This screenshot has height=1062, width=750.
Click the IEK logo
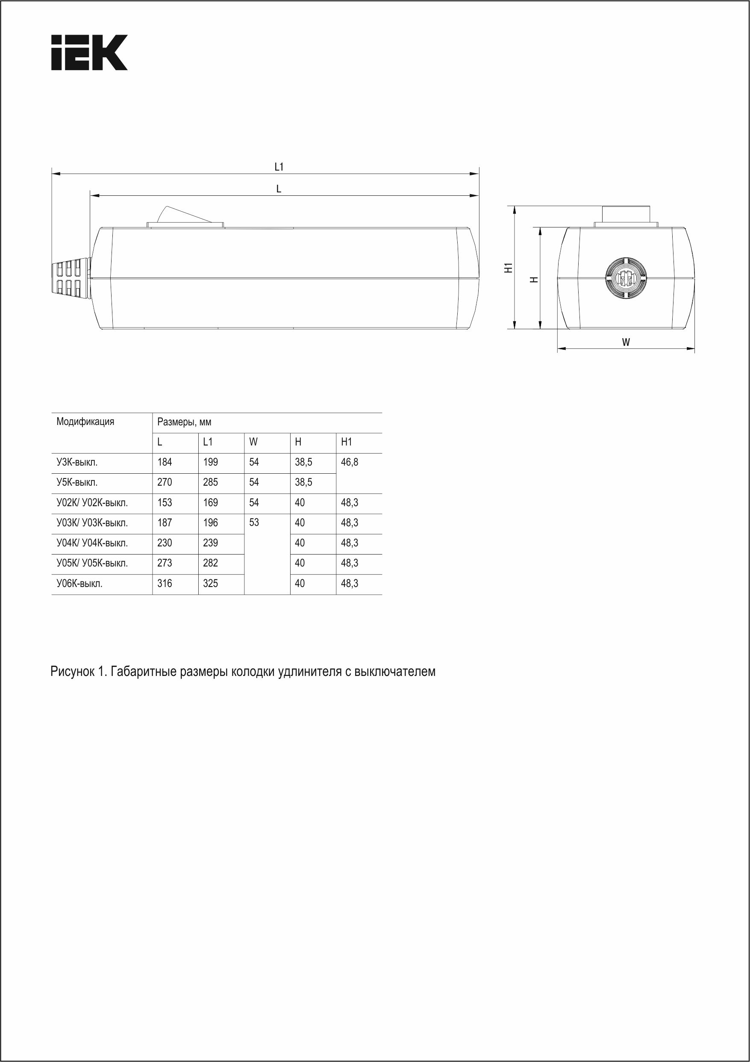[89, 52]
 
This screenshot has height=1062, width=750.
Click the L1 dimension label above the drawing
[279, 167]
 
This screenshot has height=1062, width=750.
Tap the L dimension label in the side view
[279, 189]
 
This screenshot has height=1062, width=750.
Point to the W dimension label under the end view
[626, 342]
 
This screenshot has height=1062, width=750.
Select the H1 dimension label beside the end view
[509, 267]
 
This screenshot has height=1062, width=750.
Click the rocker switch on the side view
[185, 218]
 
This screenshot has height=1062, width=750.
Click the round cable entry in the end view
[627, 278]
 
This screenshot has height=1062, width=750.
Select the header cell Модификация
[85, 422]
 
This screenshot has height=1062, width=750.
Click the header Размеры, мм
[184, 422]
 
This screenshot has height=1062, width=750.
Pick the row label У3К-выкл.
[77, 462]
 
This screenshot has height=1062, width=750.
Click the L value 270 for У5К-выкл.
[165, 482]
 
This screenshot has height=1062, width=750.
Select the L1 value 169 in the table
[210, 502]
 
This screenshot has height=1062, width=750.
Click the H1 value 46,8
[349, 462]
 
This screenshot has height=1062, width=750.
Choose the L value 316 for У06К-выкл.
[165, 583]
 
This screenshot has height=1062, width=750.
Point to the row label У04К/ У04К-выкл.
[92, 543]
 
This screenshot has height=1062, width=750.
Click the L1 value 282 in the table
[210, 563]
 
